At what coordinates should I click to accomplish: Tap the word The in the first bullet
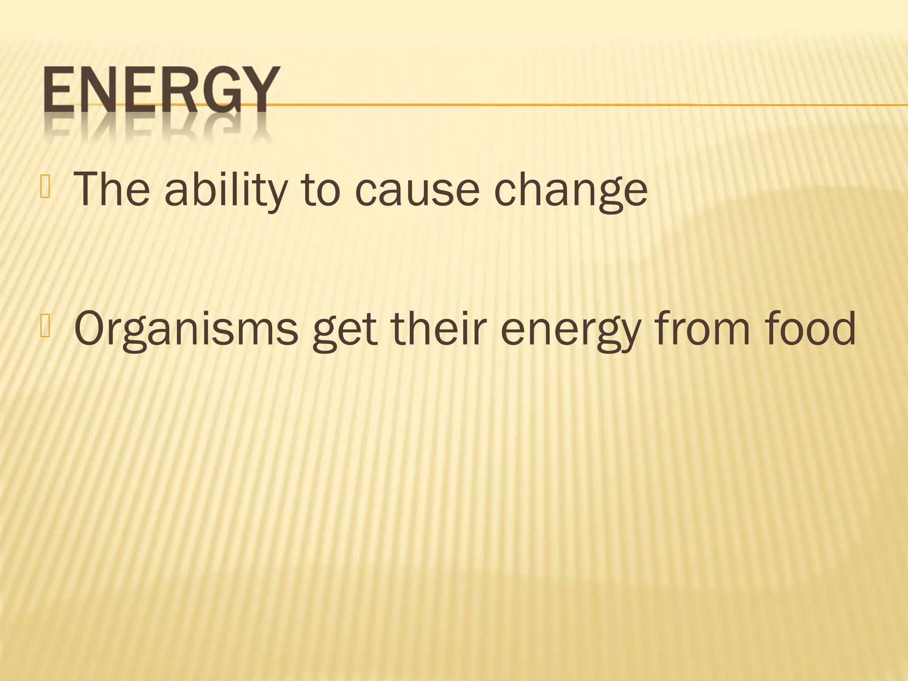(112, 190)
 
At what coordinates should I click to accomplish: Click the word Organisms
(186, 329)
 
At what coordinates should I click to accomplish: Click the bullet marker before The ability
(45, 187)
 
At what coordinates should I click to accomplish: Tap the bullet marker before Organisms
(45, 327)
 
